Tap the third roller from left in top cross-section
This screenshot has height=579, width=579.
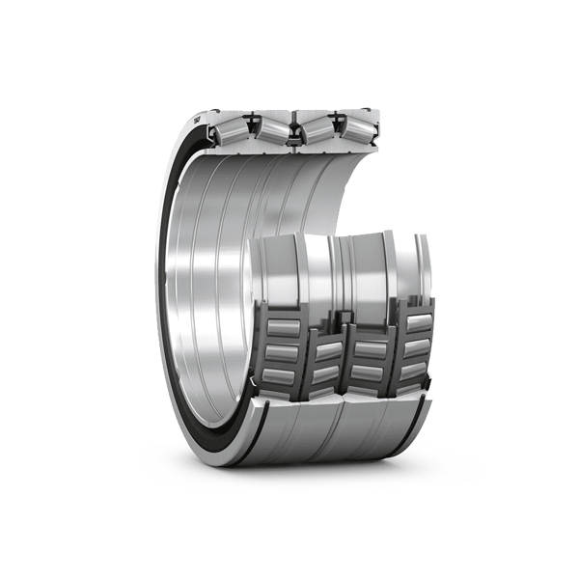pos(316,129)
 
